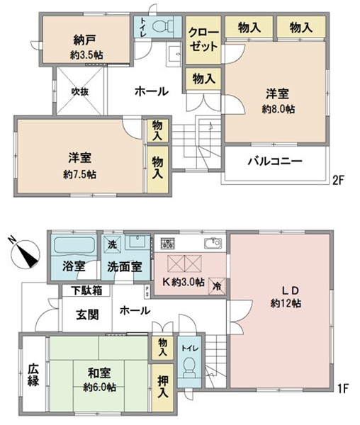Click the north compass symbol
[26, 254]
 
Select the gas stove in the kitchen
[168, 243]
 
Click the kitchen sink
[213, 243]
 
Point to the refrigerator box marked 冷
[217, 286]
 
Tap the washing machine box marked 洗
[112, 244]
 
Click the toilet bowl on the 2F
[162, 26]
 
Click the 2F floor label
[338, 180]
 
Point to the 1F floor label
[343, 388]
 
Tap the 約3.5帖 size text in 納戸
[86, 55]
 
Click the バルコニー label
[275, 161]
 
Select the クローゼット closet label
[203, 40]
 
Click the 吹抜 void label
[80, 91]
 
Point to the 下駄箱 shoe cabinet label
[86, 290]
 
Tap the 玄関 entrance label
[87, 314]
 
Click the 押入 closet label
[163, 387]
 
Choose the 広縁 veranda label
[33, 375]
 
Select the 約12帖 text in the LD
[286, 303]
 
